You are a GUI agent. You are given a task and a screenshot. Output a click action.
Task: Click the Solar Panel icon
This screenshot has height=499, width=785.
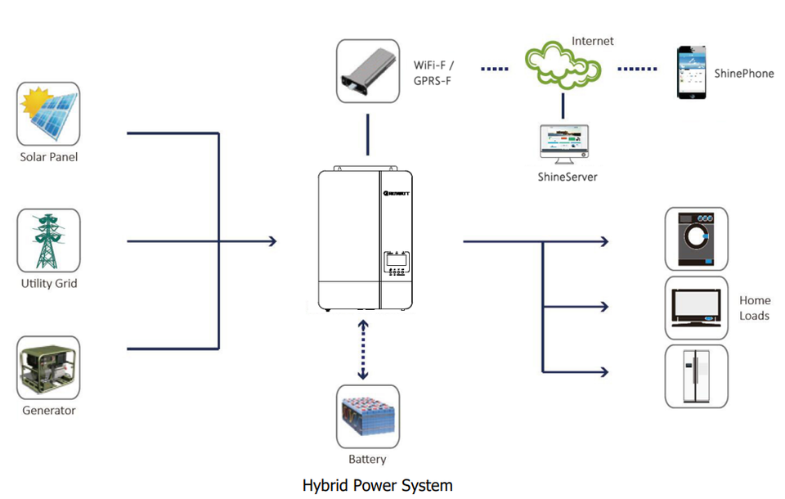(48, 114)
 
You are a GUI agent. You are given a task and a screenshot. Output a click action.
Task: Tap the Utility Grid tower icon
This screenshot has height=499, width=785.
(48, 241)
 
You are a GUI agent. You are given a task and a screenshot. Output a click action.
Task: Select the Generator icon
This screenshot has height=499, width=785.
(48, 368)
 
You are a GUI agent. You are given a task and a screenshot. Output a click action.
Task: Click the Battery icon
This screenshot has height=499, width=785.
(368, 416)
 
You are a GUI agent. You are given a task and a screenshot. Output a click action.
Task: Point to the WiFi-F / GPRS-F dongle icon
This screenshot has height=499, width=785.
(368, 71)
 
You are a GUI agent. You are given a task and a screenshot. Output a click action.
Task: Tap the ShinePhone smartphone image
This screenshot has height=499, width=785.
(691, 73)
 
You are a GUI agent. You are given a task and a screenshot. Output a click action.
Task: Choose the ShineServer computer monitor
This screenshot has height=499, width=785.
(563, 143)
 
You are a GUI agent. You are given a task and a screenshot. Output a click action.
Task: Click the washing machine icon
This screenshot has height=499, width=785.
(696, 238)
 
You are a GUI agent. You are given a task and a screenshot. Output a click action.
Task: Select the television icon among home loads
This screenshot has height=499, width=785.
(696, 308)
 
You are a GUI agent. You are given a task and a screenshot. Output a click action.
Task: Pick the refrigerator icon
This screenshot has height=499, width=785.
(696, 376)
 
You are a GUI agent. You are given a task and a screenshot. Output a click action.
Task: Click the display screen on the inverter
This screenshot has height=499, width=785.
(397, 261)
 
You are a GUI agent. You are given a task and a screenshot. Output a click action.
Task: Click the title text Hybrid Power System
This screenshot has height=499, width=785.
(377, 485)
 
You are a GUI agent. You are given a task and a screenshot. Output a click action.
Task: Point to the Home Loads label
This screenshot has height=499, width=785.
(754, 308)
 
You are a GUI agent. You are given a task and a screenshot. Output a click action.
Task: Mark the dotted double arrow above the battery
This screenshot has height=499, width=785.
(362, 349)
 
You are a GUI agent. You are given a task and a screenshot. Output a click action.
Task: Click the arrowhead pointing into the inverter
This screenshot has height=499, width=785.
(272, 241)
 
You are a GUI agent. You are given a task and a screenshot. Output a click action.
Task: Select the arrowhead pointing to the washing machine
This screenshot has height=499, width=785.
(604, 241)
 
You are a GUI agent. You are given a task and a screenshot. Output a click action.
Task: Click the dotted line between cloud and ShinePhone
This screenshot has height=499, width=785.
(637, 69)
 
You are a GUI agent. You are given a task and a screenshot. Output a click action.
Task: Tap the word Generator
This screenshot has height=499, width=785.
(48, 411)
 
